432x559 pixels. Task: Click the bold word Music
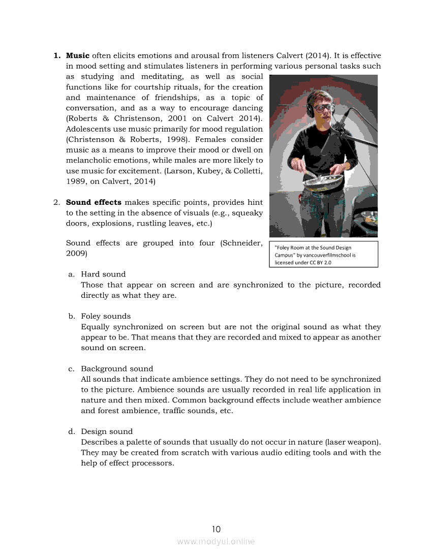click(78, 55)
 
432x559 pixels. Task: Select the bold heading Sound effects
click(94, 202)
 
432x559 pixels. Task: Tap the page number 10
click(216, 529)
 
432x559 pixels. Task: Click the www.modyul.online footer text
click(216, 542)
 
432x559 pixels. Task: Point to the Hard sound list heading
click(103, 274)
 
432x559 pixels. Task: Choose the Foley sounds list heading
click(106, 316)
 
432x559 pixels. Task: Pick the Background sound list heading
click(117, 368)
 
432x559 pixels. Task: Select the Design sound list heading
click(107, 431)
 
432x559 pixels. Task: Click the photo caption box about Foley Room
click(323, 255)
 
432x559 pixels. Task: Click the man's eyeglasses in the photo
click(323, 108)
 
